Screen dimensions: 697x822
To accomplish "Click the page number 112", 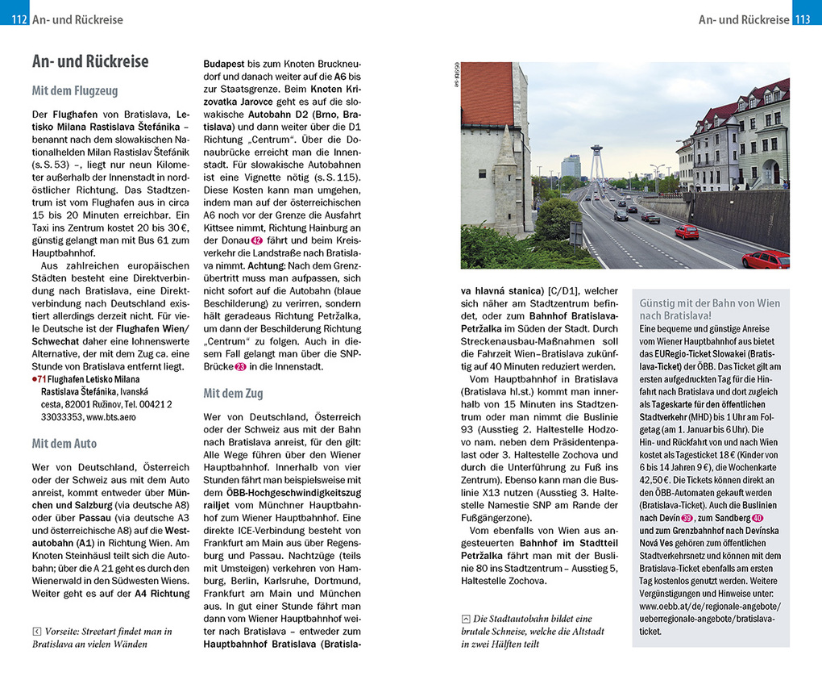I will (19, 19).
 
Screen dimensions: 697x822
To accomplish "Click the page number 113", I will (802, 19).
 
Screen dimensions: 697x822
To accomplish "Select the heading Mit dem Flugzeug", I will (75, 91).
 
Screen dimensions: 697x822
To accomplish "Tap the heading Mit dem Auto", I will (64, 444).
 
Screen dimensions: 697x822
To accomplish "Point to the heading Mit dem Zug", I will (233, 394).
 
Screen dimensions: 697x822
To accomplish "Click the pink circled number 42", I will (256, 240).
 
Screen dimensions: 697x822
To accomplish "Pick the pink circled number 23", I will (240, 366).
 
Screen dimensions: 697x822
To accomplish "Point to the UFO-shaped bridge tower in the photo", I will (596, 151).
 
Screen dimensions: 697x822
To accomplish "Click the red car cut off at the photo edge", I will (766, 259).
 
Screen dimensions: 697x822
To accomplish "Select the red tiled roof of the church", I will (487, 93).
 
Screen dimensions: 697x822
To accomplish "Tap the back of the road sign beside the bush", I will (575, 234).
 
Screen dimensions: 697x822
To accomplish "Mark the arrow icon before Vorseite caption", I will (36, 632).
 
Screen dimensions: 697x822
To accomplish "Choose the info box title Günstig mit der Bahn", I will (709, 310).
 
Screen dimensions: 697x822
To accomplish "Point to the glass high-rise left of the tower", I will (571, 166).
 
